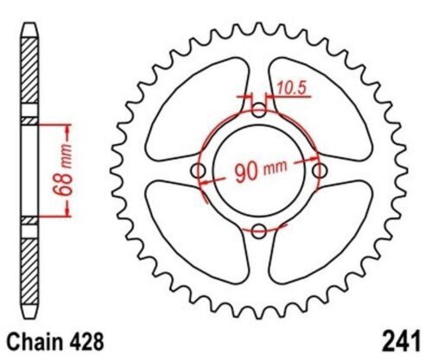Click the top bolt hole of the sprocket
(261, 110)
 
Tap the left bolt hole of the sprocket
(200, 171)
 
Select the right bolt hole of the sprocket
(321, 171)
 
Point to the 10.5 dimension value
(292, 86)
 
